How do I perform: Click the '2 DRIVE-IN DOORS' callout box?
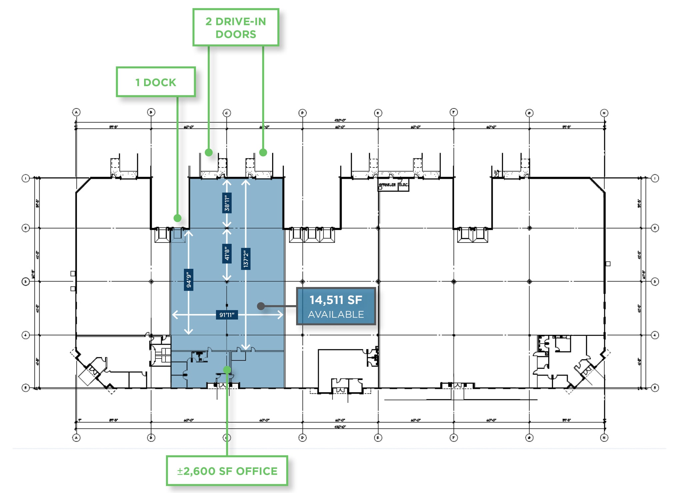(x=236, y=27)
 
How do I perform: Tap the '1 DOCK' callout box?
(x=156, y=82)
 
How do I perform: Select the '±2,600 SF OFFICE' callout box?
(x=227, y=471)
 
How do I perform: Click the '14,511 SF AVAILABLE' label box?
(x=336, y=306)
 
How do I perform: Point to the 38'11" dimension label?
(x=227, y=203)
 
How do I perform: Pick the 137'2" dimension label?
(x=246, y=259)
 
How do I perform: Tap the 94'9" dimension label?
(x=189, y=280)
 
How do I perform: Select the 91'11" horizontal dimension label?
(x=227, y=315)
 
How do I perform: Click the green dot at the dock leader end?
(x=177, y=218)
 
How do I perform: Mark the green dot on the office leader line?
(x=227, y=370)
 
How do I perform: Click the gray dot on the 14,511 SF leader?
(x=261, y=306)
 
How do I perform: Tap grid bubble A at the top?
(x=76, y=112)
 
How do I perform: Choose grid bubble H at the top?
(x=604, y=113)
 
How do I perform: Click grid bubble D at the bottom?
(x=302, y=438)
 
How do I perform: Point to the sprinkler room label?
(x=387, y=185)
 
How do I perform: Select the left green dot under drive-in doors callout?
(x=209, y=152)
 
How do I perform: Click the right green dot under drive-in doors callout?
(x=263, y=152)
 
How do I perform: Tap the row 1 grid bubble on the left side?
(x=26, y=178)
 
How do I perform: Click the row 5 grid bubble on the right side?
(x=655, y=388)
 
